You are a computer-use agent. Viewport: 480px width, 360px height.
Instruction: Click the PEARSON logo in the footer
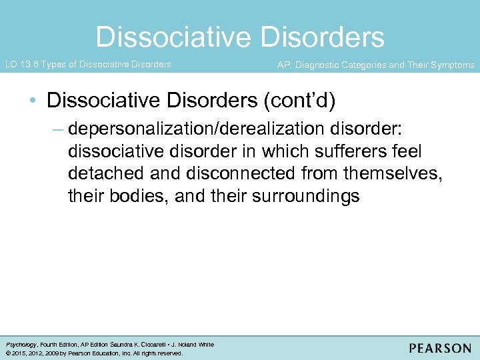440,347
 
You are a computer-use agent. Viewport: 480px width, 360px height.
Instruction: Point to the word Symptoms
453,65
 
